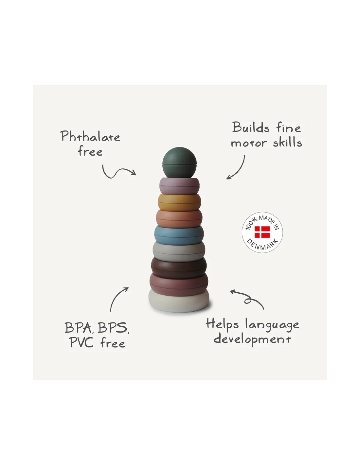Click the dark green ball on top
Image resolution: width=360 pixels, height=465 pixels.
click(x=179, y=163)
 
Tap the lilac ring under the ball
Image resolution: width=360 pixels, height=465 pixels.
click(x=179, y=186)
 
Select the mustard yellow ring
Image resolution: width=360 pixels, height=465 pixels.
click(x=179, y=202)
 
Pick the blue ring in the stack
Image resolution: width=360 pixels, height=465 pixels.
click(x=179, y=235)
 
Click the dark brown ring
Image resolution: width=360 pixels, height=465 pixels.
click(x=179, y=268)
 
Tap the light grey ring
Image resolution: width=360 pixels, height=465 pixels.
click(x=179, y=252)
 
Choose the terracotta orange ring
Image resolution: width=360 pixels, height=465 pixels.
click(x=179, y=219)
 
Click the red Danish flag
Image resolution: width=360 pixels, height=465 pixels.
click(x=262, y=232)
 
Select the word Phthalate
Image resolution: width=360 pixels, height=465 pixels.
click(x=90, y=136)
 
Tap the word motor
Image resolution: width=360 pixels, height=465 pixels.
click(x=249, y=143)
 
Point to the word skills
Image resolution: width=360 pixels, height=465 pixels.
click(x=287, y=142)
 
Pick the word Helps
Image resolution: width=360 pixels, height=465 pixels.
click(x=222, y=324)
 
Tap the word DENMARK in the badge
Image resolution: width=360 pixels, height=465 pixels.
click(x=262, y=245)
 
